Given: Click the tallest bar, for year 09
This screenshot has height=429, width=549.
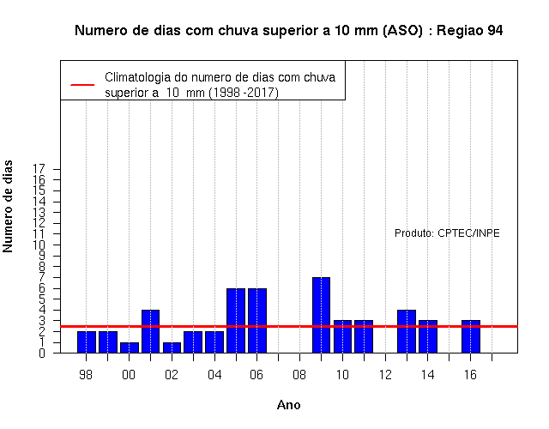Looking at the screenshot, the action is click(x=321, y=315).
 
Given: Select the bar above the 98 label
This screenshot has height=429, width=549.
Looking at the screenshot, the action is click(x=87, y=341).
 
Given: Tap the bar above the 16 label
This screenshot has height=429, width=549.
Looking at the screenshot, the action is click(x=471, y=336).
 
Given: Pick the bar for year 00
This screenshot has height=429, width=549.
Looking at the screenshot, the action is click(x=130, y=347).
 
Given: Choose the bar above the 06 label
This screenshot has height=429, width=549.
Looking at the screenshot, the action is click(x=257, y=320).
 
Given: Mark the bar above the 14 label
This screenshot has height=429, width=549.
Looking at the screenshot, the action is click(x=428, y=336).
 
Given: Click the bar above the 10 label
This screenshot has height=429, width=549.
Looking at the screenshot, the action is click(x=342, y=336).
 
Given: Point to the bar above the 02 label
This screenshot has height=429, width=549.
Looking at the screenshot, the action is click(x=172, y=347).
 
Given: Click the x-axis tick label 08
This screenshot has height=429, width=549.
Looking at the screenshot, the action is click(x=299, y=375).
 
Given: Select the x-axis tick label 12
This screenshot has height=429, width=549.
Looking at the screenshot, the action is click(x=385, y=375).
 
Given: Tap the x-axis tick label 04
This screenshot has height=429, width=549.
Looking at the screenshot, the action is click(x=214, y=375).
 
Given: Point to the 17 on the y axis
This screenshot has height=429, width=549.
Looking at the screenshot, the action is click(x=39, y=169).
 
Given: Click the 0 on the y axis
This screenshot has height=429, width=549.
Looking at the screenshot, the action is click(x=42, y=353).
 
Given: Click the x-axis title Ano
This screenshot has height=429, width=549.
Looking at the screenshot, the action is click(x=288, y=405).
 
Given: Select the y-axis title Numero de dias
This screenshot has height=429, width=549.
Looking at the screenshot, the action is click(x=8, y=206).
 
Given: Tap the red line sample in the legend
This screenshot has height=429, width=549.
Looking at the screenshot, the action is click(x=82, y=84).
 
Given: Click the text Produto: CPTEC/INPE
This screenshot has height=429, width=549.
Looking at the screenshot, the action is click(x=447, y=233).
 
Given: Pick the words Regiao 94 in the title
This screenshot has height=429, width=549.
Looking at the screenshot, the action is click(x=469, y=31).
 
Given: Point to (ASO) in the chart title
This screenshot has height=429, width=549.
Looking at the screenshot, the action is click(x=402, y=31).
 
